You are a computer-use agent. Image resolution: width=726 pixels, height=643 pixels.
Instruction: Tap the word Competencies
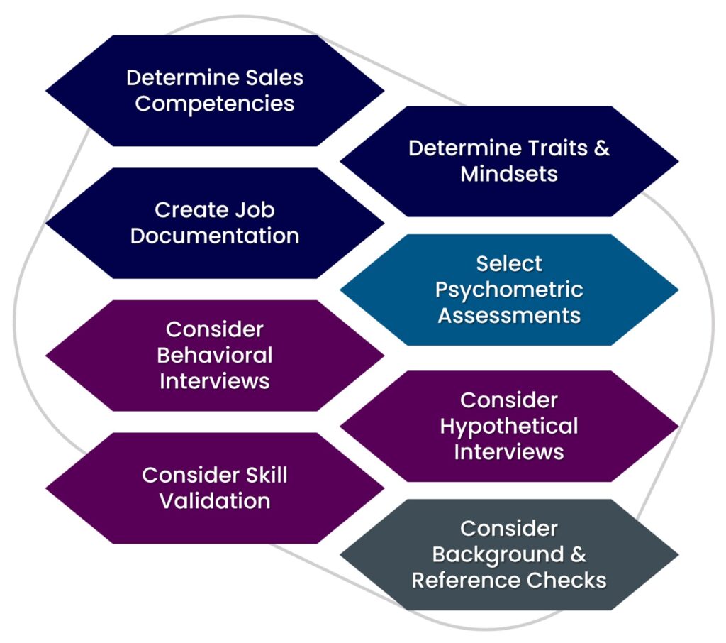coord(215,104)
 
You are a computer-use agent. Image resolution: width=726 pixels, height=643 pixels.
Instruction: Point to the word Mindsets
coord(509,174)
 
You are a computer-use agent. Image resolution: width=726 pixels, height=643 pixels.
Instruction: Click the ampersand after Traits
coord(603,148)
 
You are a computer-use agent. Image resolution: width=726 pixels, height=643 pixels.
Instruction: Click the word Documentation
coord(215,236)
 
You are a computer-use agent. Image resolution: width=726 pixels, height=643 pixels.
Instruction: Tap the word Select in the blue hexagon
coord(509,263)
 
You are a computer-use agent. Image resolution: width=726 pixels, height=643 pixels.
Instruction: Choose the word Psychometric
coord(509,290)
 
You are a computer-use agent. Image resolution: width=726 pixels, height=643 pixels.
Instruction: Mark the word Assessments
coord(509,315)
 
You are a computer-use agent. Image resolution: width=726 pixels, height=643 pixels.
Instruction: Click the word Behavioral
coord(215,355)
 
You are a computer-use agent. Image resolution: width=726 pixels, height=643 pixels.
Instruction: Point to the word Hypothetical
coord(509,427)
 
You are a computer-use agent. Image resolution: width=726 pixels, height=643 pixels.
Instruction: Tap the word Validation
coord(215,501)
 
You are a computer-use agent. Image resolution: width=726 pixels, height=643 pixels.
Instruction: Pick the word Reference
coord(458,580)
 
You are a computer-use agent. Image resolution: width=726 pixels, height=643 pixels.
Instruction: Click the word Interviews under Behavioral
coord(215,380)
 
